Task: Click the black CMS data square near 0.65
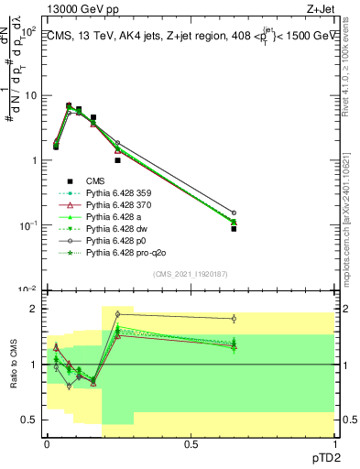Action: (234, 229)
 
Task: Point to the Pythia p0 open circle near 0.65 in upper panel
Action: (234, 213)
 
